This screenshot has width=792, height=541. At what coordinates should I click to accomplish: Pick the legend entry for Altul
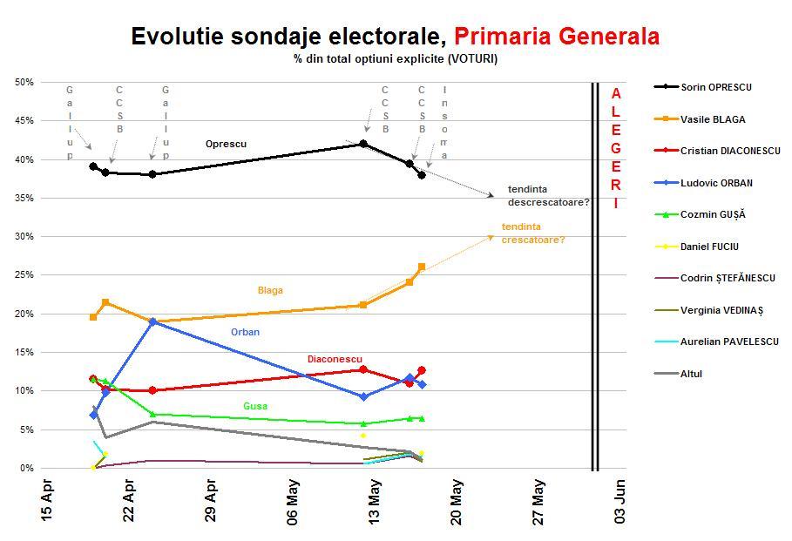(x=691, y=374)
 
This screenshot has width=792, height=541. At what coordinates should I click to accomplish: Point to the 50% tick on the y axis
(x=24, y=83)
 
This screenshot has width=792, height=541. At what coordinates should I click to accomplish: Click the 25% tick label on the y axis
(x=24, y=275)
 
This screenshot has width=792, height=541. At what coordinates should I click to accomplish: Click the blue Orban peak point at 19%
(x=152, y=321)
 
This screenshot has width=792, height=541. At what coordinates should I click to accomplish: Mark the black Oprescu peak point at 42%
(x=363, y=144)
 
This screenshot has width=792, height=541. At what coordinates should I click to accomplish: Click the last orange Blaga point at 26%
(x=422, y=267)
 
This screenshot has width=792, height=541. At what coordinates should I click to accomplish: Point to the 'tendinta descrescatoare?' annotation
(x=548, y=196)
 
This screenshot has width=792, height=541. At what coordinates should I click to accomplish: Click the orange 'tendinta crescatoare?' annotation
(x=533, y=233)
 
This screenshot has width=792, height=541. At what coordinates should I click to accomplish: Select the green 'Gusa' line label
(x=255, y=406)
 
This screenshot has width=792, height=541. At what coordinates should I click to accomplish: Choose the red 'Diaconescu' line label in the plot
(x=335, y=359)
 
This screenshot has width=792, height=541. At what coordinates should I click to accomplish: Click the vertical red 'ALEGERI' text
(x=616, y=148)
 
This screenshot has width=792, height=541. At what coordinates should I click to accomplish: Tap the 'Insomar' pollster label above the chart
(x=444, y=122)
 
